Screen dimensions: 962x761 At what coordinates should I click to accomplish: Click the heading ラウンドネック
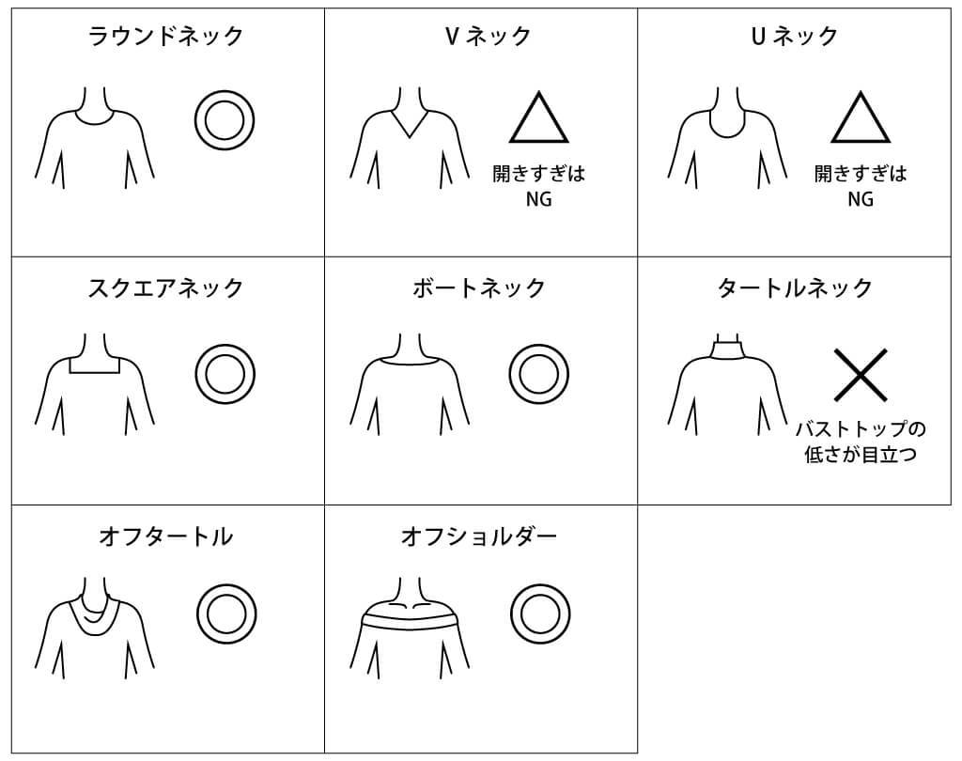click(165, 37)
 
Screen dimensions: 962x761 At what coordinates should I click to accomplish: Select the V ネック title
click(488, 37)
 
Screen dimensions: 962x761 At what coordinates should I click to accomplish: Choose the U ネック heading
click(795, 37)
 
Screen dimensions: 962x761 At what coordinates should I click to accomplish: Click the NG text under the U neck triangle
click(861, 199)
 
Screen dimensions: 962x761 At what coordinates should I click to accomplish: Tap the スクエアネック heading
click(165, 287)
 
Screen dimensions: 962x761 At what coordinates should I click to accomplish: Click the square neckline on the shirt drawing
click(95, 373)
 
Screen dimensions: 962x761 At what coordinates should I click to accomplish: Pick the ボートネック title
click(479, 287)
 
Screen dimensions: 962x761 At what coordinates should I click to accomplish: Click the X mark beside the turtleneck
click(861, 374)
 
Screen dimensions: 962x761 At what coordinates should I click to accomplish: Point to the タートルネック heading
click(795, 287)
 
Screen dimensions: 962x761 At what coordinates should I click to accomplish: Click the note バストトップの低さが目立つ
click(861, 442)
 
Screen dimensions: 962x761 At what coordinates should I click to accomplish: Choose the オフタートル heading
click(165, 537)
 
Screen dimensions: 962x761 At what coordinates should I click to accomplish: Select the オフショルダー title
click(479, 537)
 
